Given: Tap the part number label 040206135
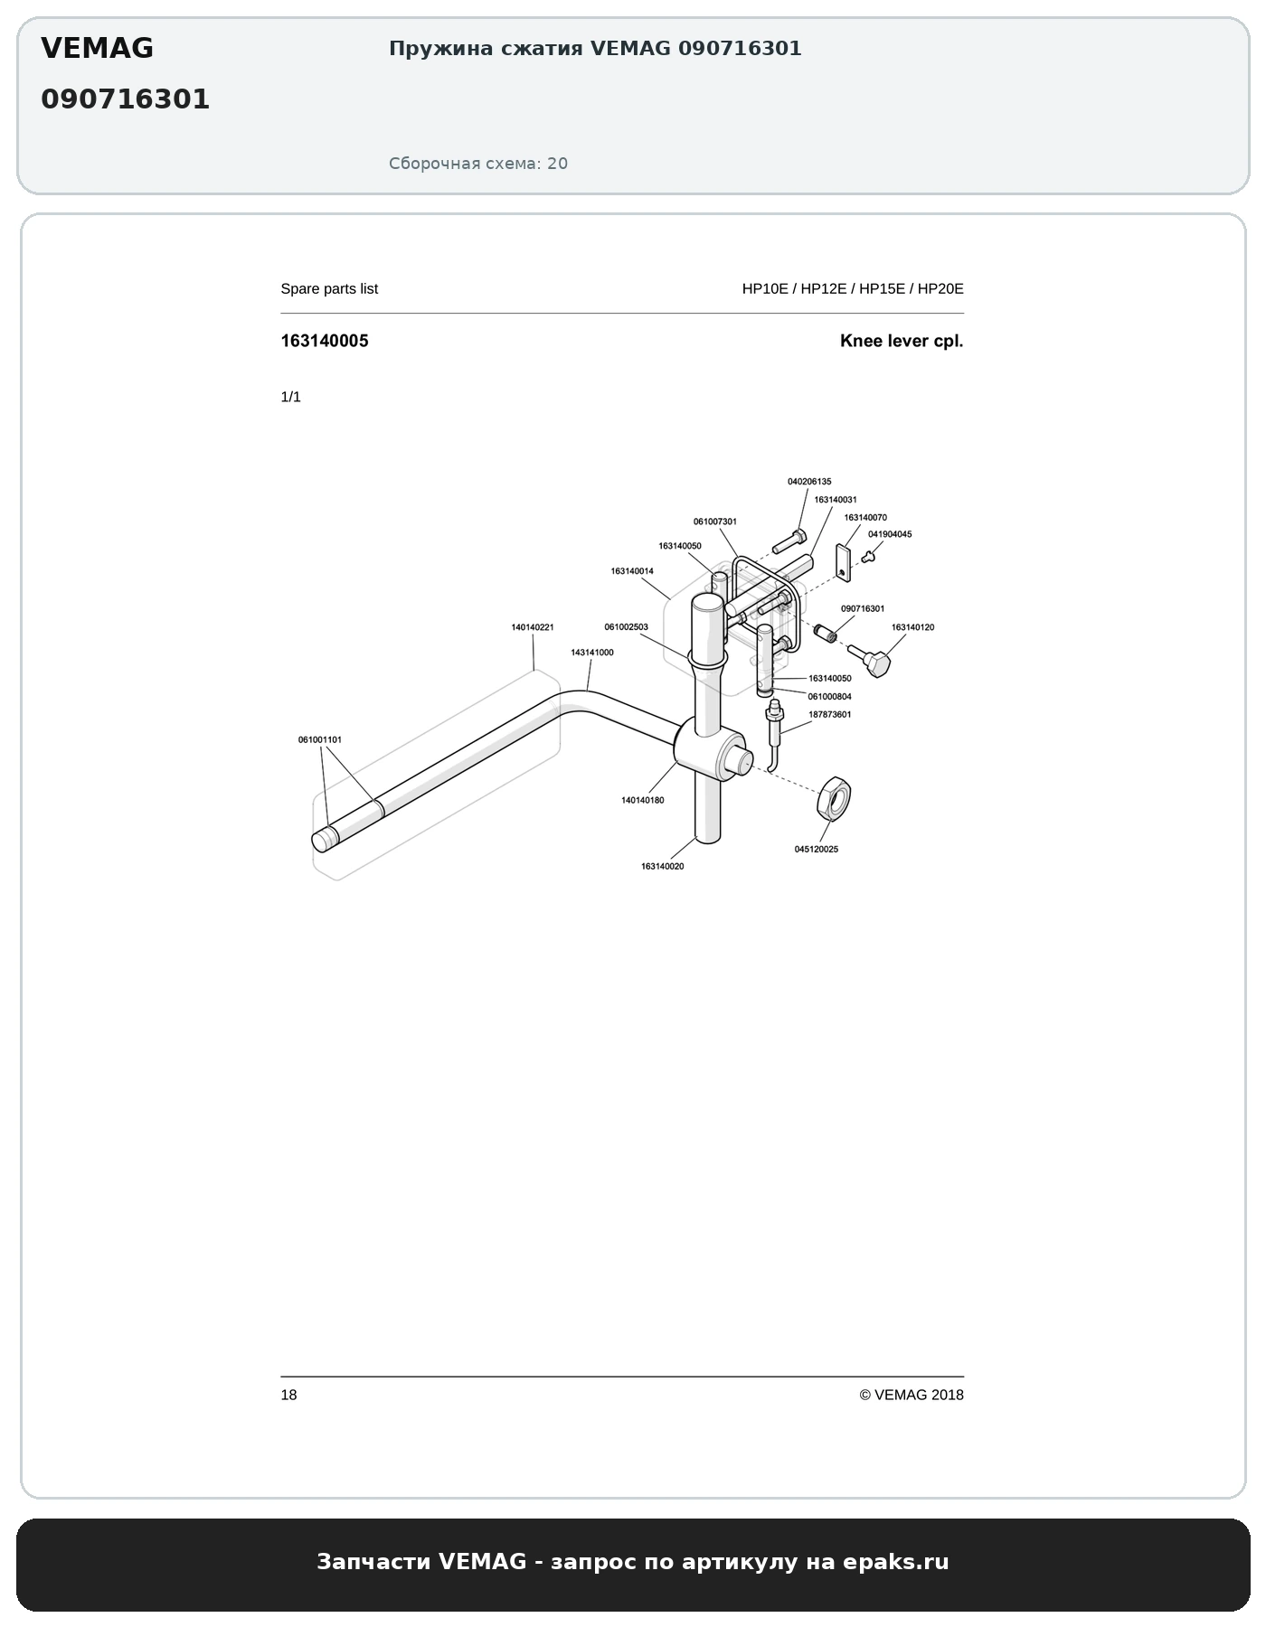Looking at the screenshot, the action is pyautogui.click(x=809, y=482).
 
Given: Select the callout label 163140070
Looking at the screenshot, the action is pyautogui.click(x=865, y=518).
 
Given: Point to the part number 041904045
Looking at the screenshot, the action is pyautogui.click(x=890, y=534).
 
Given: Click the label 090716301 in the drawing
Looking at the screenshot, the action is pyautogui.click(x=863, y=609).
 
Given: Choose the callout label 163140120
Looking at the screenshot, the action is pyautogui.click(x=913, y=627).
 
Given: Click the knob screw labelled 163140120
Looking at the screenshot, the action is pyautogui.click(x=870, y=660).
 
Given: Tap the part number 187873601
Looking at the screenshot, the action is pyautogui.click(x=830, y=715).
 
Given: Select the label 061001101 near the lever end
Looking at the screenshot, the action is pyautogui.click(x=320, y=740).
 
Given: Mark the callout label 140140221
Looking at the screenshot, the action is pyautogui.click(x=533, y=627).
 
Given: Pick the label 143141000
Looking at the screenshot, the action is pyautogui.click(x=592, y=653).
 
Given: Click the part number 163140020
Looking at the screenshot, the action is pyautogui.click(x=663, y=867).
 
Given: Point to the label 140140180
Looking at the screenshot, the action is pyautogui.click(x=643, y=801).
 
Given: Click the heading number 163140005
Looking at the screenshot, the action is pyautogui.click(x=325, y=341).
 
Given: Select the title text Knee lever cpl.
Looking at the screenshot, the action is pyautogui.click(x=902, y=341).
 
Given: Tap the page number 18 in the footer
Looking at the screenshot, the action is pyautogui.click(x=288, y=1395).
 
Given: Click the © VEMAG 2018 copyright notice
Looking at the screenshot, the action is pyautogui.click(x=912, y=1395).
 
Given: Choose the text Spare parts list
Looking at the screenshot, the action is pyautogui.click(x=329, y=288).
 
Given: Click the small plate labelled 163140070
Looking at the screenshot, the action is pyautogui.click(x=844, y=560).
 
